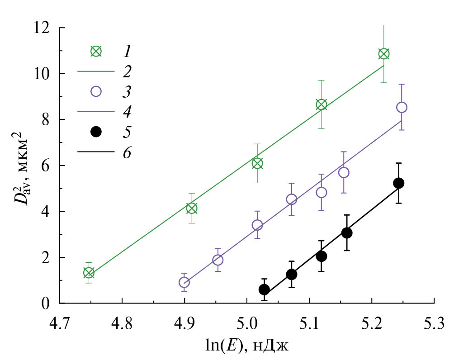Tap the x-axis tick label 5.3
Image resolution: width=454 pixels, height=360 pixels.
pos(434,324)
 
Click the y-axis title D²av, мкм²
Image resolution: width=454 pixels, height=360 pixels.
pos(17,166)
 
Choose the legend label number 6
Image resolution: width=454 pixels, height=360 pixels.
pos(127,153)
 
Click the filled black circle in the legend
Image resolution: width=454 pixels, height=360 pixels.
pos(96,132)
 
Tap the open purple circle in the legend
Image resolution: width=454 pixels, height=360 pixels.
pos(96,91)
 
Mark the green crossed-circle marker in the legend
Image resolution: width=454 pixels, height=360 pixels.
pos(96,51)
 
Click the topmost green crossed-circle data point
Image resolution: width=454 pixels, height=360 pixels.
pos(383,54)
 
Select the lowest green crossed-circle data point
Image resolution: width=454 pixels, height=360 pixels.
pos(89,273)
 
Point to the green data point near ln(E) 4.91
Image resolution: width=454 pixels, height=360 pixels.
pos(192,208)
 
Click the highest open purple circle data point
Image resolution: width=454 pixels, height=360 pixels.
pos(402,107)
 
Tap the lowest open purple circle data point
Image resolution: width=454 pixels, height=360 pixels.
pos(184,282)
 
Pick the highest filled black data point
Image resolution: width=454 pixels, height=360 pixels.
pos(398,183)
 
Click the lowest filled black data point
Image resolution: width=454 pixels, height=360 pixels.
pos(264,289)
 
